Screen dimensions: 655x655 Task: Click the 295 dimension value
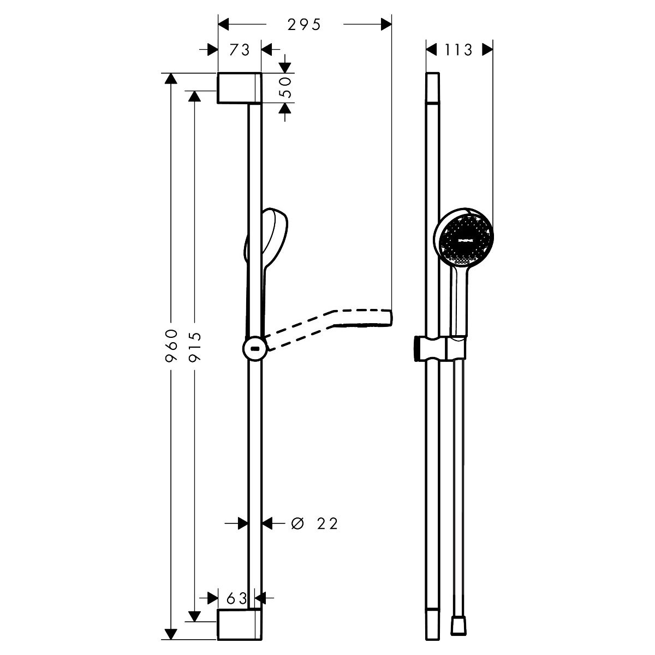[304, 25]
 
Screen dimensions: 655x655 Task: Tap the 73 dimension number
[239, 50]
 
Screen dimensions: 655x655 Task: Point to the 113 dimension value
[458, 50]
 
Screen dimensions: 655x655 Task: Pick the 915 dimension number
[195, 347]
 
